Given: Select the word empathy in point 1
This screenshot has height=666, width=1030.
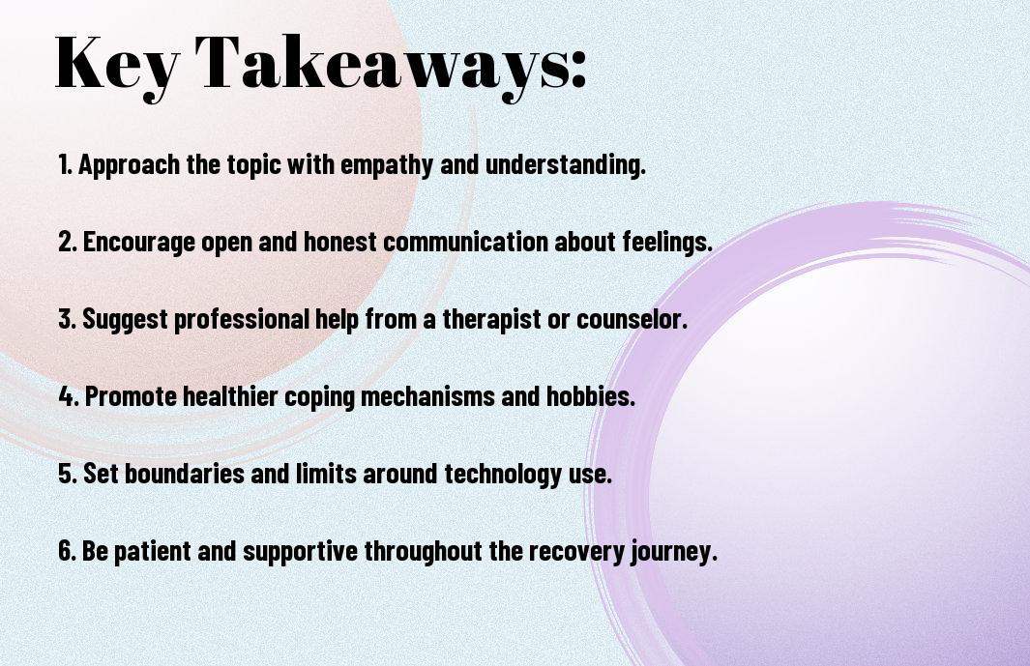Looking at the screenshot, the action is (386, 165).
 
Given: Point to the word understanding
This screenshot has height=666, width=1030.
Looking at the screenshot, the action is (566, 163).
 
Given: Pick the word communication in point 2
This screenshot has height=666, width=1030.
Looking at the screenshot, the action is (465, 241).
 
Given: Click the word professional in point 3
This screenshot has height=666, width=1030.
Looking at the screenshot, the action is (241, 319).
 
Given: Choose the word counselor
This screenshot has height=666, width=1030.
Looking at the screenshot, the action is (632, 319).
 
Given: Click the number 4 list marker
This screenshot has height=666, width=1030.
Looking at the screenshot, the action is (69, 396).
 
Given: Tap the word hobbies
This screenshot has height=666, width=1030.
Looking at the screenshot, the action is (591, 396).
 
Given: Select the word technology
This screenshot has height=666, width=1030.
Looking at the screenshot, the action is (503, 475).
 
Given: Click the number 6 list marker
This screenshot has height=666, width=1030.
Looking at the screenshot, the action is (68, 550).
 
